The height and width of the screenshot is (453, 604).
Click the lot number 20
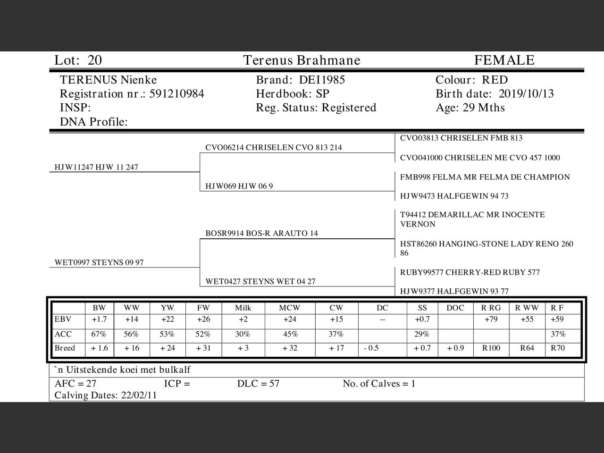coord(94,60)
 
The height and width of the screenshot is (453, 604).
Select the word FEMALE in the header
coord(504,60)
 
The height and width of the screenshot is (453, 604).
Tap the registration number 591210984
coord(176,94)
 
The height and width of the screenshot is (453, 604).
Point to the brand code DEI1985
coord(322,80)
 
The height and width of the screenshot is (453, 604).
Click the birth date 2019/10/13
coord(526,94)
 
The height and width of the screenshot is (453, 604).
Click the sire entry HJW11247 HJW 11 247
coord(96,167)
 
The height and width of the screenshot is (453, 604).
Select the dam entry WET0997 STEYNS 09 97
coord(99,262)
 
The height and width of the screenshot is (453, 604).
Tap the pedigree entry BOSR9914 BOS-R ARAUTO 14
coord(261,233)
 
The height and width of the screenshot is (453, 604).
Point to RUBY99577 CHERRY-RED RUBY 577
coord(470,272)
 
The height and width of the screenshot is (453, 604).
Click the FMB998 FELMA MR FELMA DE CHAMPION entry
coord(485,177)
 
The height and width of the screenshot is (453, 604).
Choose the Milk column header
coord(243,308)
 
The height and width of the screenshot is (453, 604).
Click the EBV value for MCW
coord(290,319)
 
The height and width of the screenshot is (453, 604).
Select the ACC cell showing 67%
coord(99,334)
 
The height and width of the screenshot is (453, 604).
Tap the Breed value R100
coord(491,348)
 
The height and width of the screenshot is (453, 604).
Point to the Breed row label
coord(65,348)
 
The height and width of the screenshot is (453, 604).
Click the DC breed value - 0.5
coord(371,348)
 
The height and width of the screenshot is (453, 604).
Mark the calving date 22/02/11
coord(139,395)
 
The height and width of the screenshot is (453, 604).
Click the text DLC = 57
coord(258,384)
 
